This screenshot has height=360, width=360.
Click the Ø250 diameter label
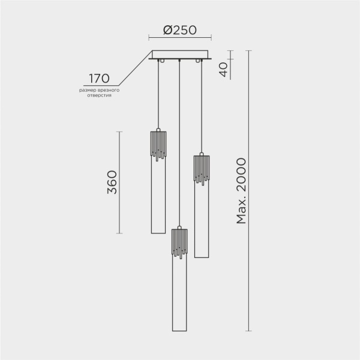click(x=180, y=30)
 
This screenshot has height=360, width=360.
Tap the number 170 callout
click(x=99, y=79)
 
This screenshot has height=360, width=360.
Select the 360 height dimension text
click(x=111, y=182)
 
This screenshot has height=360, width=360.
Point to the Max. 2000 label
click(x=241, y=191)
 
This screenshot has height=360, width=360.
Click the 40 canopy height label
click(x=224, y=70)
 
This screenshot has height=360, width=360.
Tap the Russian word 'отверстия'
click(x=99, y=95)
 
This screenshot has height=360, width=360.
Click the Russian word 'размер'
click(x=87, y=90)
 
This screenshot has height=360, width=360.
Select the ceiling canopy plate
click(x=180, y=54)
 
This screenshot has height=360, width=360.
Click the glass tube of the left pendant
click(x=158, y=198)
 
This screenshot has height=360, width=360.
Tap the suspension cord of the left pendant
click(x=158, y=96)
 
